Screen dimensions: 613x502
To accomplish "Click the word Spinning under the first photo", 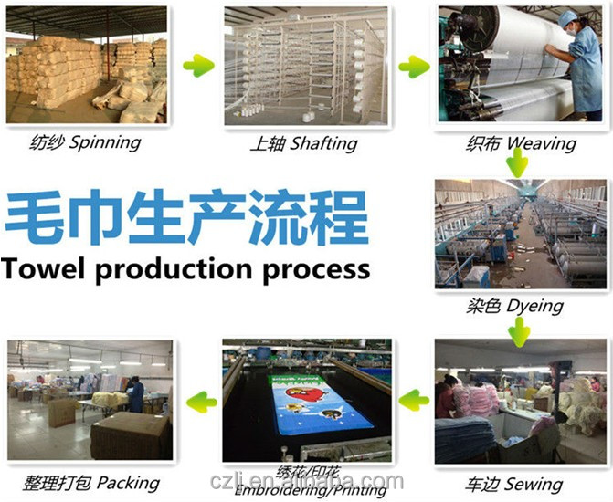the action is tap(105, 143).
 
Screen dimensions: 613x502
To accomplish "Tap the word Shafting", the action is tap(323, 144).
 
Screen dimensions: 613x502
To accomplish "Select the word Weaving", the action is tap(542, 143).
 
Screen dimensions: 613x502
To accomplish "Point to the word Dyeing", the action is tap(534, 306).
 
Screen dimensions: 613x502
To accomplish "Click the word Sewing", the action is tap(534, 485).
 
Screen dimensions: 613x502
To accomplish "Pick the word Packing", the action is tap(128, 483).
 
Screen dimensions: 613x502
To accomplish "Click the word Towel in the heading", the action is tap(43, 269).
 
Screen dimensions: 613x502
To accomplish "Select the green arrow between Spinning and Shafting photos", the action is tap(199, 65).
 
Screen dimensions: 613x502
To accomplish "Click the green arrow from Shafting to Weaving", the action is tap(414, 66).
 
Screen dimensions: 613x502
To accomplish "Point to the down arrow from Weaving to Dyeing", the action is tap(518, 162).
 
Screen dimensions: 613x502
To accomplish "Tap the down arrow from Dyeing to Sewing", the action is tap(519, 332).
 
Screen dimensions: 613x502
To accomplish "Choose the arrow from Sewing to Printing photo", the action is tap(414, 400).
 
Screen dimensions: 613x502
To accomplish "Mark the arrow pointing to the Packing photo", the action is tap(201, 402).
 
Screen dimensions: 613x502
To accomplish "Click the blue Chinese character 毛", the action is tap(35, 217).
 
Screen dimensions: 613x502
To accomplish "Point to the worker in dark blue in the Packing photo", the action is tap(135, 393).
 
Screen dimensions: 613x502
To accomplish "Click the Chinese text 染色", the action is tap(483, 306).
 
